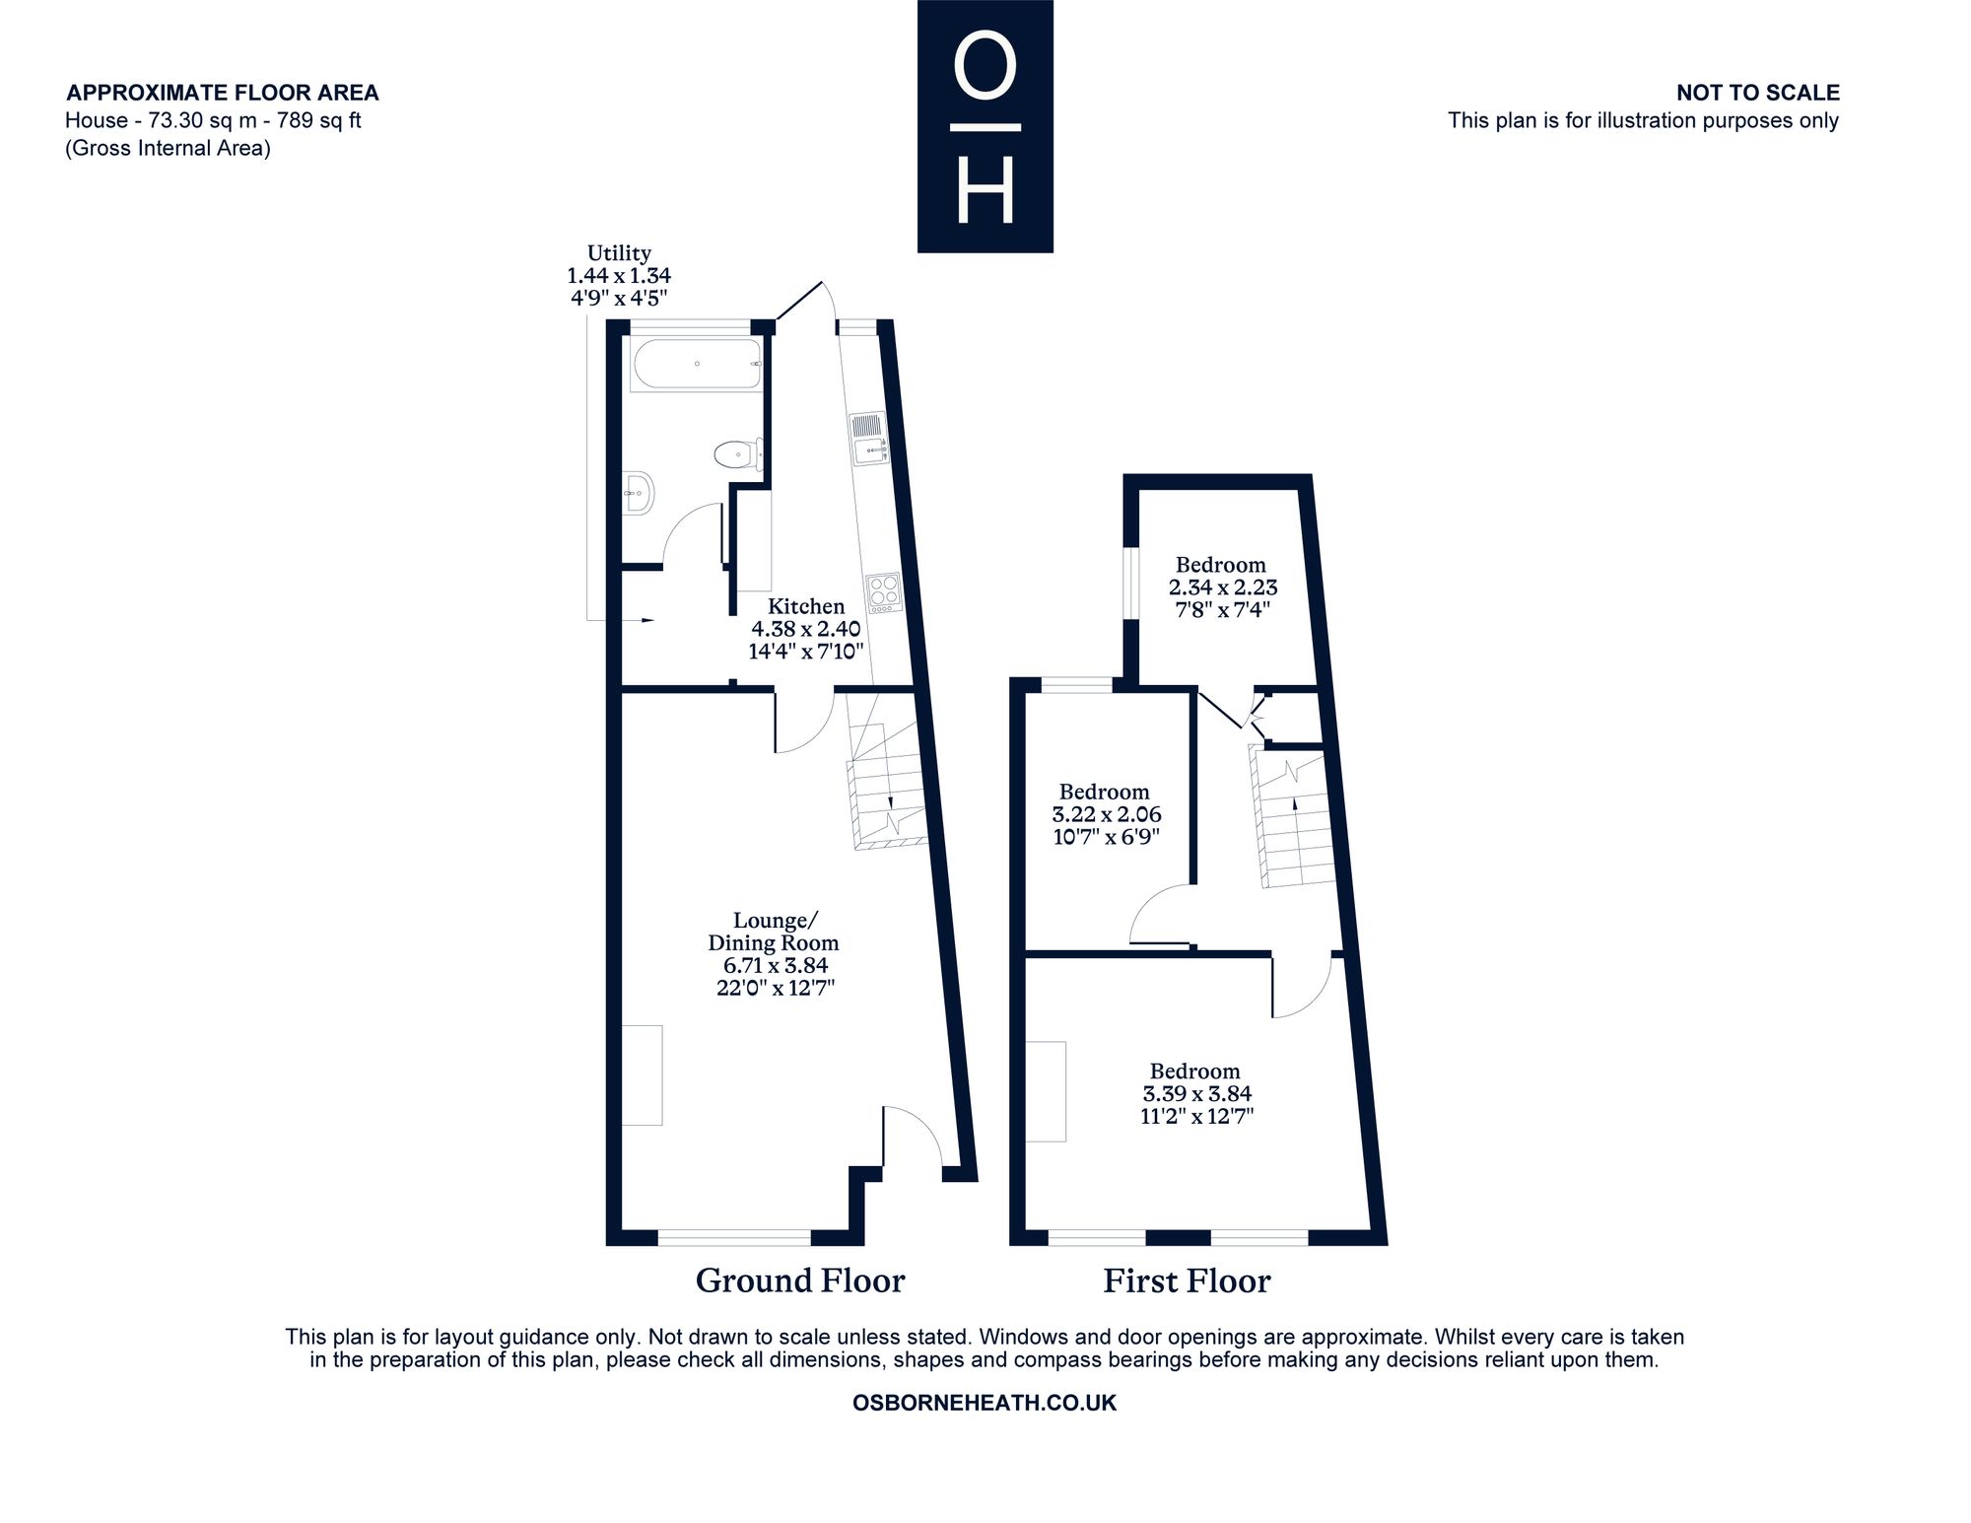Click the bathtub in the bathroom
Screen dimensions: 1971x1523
pos(696,366)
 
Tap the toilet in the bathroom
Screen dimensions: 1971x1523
pos(737,454)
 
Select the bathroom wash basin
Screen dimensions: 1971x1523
pos(638,491)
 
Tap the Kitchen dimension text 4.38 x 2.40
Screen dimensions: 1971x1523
pos(806,629)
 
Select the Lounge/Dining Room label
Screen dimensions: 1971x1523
pos(774,932)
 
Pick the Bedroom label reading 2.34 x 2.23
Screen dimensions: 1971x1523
pos(1222,587)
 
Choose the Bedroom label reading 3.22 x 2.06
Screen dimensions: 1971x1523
pos(1106,814)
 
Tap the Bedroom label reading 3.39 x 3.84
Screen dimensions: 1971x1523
pos(1196,1093)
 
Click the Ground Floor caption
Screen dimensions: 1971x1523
pos(800,1281)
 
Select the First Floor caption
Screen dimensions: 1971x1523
pos(1187,1281)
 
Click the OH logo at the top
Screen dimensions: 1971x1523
pos(985,126)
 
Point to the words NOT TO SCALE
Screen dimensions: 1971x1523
pos(1758,93)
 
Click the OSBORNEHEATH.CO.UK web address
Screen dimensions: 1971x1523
pos(985,1403)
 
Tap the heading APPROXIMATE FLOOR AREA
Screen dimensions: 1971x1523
pos(223,93)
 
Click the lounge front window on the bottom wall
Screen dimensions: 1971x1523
pos(734,1236)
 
